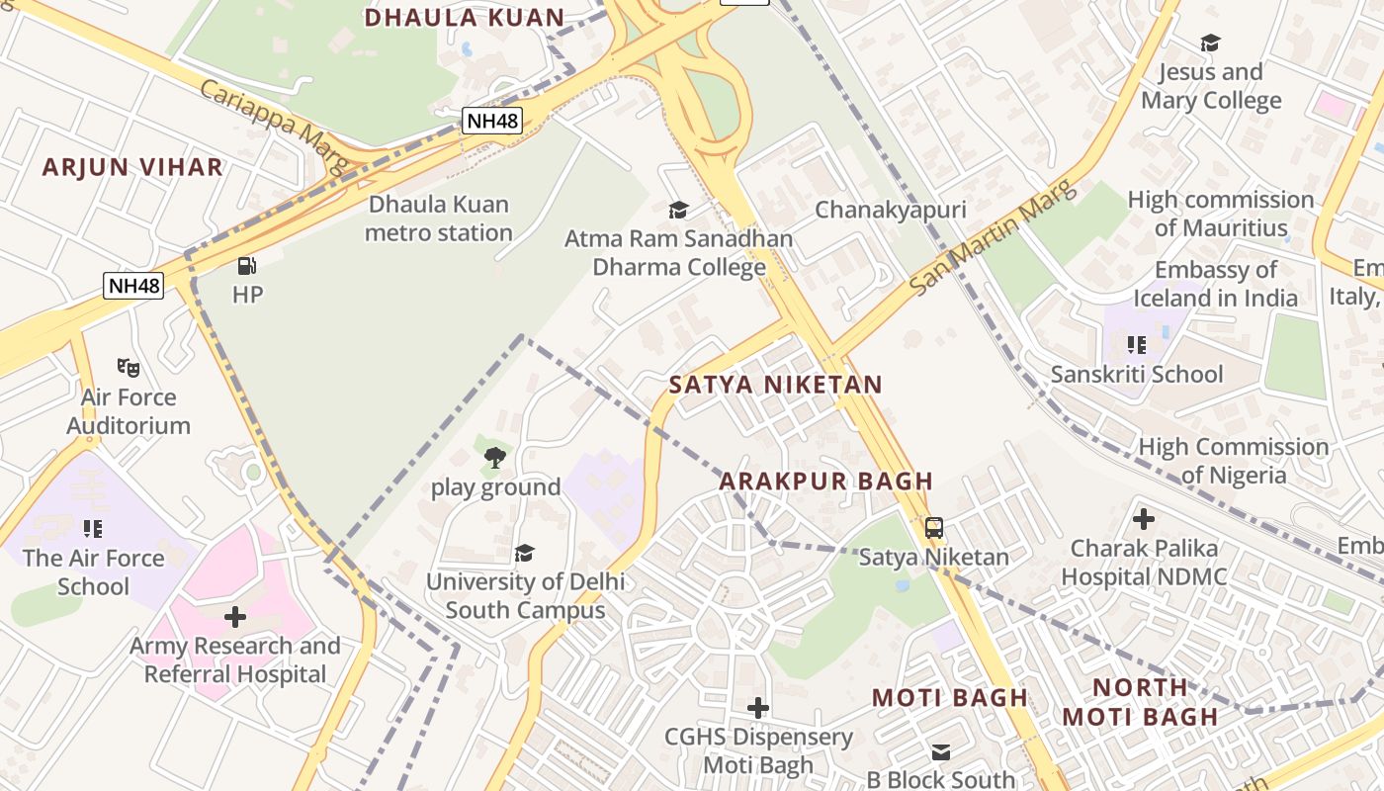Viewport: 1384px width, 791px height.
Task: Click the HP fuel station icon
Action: (247, 265)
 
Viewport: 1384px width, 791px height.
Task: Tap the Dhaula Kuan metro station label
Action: (438, 219)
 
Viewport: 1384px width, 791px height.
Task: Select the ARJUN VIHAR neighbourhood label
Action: (132, 167)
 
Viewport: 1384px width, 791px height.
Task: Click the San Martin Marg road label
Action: (992, 237)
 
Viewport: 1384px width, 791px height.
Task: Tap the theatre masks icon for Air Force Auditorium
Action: (129, 368)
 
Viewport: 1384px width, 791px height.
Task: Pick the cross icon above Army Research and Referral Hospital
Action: (235, 617)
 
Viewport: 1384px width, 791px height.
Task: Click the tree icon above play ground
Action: (495, 457)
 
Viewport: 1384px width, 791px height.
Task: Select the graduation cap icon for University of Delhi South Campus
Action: (524, 553)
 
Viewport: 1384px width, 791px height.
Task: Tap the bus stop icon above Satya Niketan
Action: (934, 528)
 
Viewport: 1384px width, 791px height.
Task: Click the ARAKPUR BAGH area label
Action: (825, 482)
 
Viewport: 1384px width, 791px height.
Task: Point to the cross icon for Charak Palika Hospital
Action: (1144, 518)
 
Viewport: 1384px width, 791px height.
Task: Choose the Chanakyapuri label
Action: (890, 210)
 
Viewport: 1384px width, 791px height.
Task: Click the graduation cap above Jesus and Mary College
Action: (1210, 43)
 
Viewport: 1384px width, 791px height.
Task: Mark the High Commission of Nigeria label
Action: (1233, 461)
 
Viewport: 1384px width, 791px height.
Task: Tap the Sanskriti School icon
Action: (1137, 345)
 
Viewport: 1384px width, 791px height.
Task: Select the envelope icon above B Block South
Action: (941, 752)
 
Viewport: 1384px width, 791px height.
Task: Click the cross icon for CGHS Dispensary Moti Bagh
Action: (758, 708)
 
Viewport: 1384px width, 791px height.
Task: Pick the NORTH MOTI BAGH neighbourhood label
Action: (1140, 702)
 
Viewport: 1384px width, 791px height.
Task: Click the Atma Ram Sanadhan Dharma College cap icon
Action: (678, 210)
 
